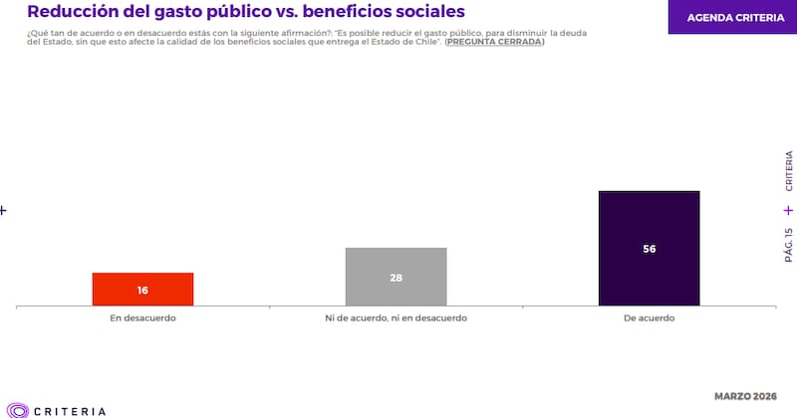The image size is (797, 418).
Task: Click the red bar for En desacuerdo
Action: [x=142, y=290]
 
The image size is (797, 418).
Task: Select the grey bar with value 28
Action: [x=396, y=277]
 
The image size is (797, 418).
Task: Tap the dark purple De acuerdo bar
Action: [x=649, y=249]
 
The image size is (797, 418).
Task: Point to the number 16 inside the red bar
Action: [x=142, y=291]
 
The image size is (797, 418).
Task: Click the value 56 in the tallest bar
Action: [x=649, y=249]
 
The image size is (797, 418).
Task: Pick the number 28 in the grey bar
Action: [x=396, y=278]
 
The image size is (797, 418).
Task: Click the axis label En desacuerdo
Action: [x=142, y=317]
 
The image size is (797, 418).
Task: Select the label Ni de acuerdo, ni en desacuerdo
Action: [x=396, y=317]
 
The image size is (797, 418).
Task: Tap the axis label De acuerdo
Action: [x=649, y=317]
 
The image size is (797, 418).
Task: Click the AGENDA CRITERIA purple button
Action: [x=731, y=17]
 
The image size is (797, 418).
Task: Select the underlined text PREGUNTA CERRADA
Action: [x=494, y=42]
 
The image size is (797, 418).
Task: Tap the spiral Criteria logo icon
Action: [x=18, y=409]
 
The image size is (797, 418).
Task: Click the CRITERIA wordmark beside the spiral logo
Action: [x=70, y=410]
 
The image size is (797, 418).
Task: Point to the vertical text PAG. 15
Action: [x=788, y=244]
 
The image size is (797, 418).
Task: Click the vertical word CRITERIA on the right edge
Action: [x=788, y=170]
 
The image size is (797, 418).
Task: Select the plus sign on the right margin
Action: [x=788, y=210]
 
